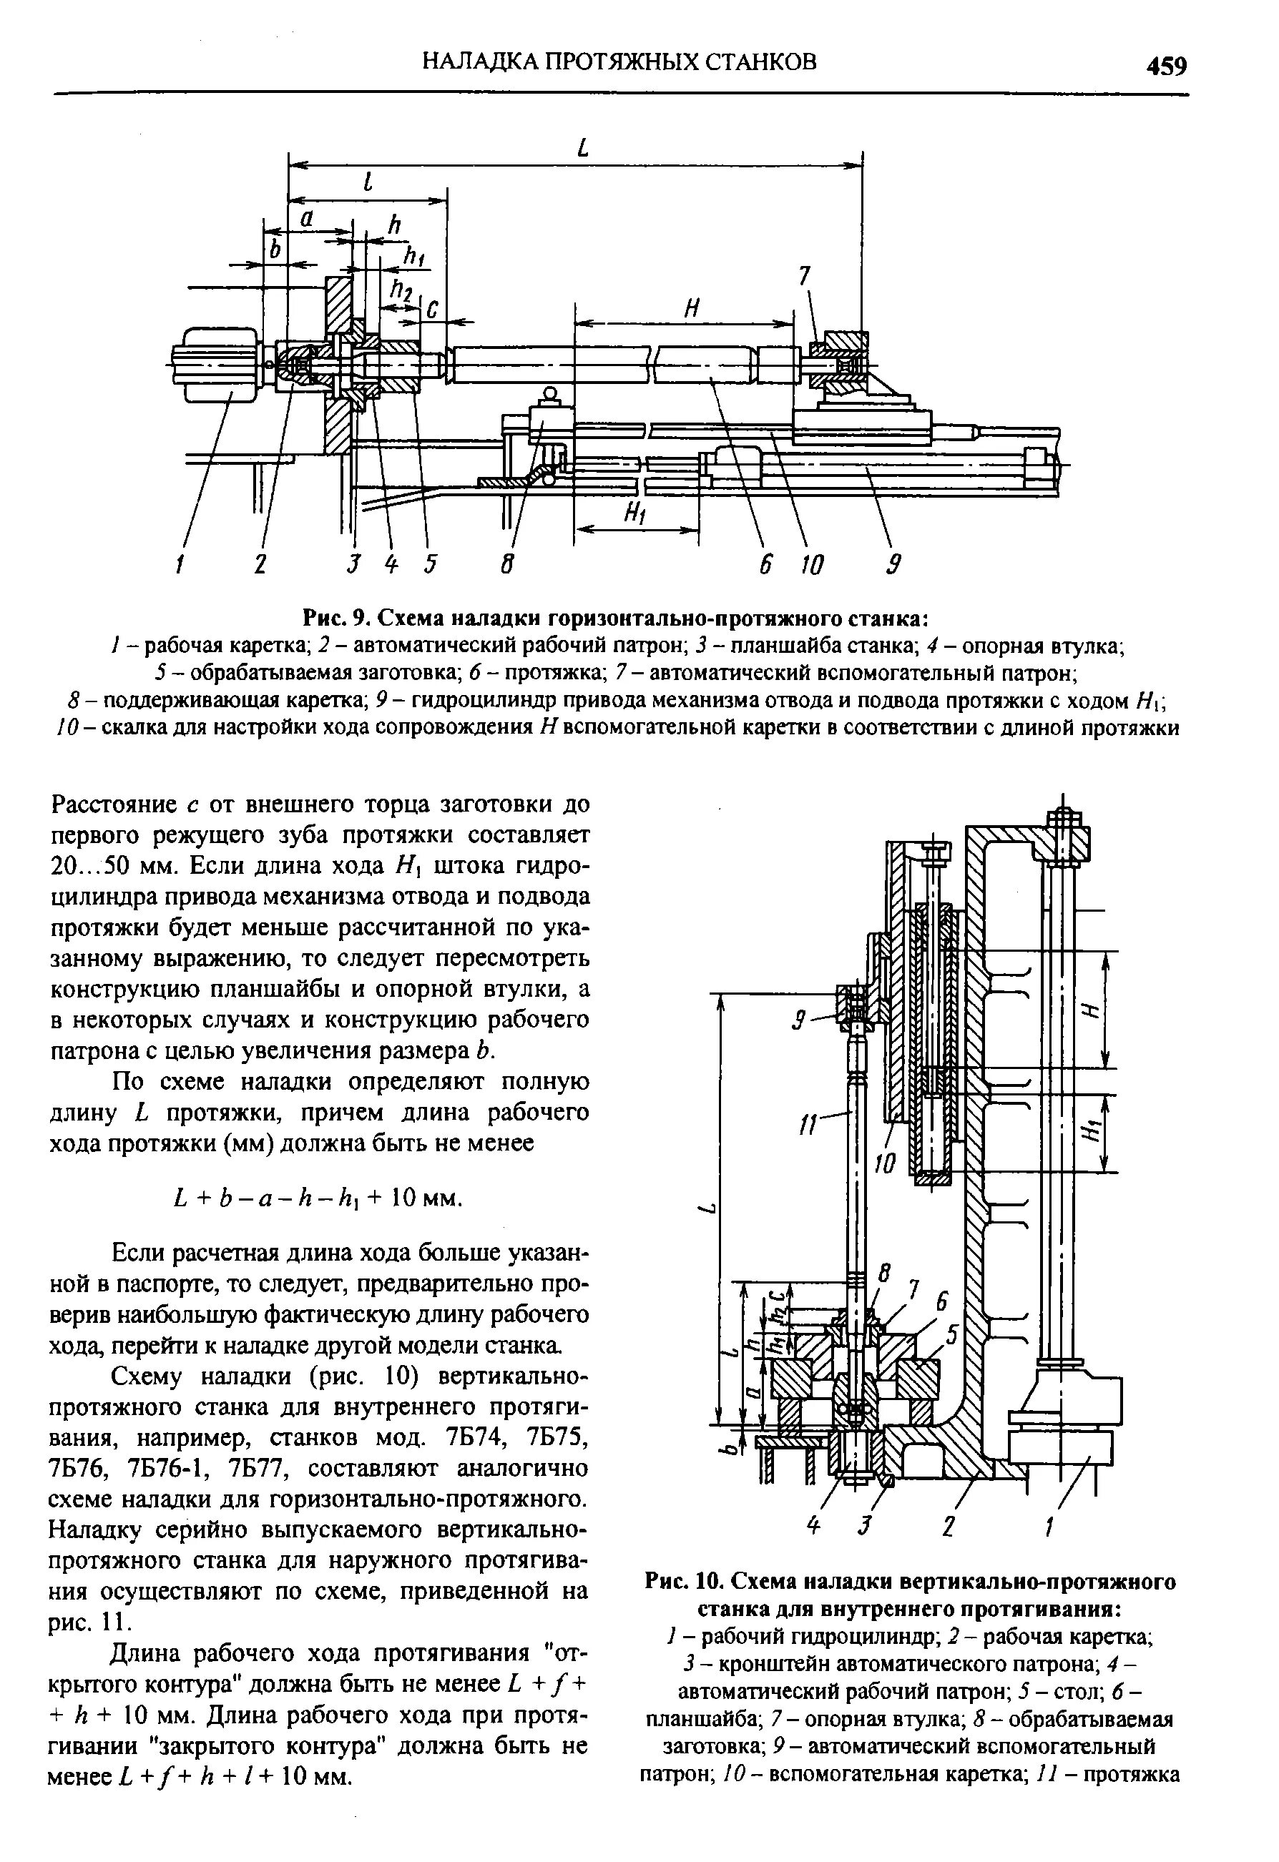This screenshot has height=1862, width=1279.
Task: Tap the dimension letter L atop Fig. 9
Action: pos(582,147)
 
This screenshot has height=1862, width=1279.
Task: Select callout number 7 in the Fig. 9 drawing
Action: pos(805,277)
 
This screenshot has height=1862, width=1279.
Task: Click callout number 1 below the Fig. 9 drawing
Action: pos(180,565)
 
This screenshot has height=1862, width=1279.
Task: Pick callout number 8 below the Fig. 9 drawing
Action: pos(506,565)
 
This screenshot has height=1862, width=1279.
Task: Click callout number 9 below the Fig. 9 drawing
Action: pos(894,565)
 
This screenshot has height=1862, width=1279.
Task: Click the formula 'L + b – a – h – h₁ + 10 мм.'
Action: pos(318,1198)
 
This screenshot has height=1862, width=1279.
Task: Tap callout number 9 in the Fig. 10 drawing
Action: pos(798,1020)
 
